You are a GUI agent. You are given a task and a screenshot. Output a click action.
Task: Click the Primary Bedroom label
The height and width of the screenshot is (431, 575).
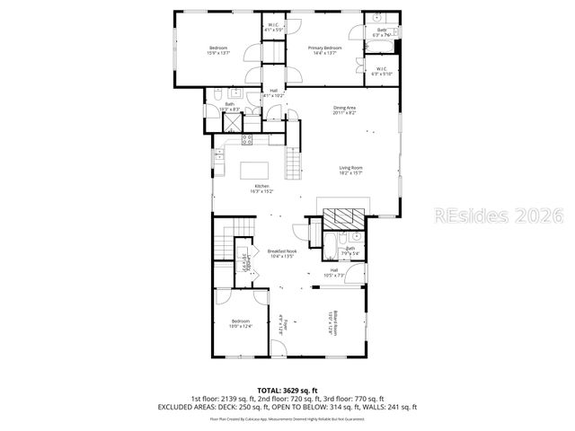coord(325,49)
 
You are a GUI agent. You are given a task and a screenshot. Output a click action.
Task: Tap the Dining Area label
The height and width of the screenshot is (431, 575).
coord(345,110)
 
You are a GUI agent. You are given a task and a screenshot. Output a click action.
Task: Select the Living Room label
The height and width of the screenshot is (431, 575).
coord(350,171)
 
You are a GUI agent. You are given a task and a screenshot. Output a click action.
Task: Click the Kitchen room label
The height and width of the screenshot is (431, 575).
coord(261,189)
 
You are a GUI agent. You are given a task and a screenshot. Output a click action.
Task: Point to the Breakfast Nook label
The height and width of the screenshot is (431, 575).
coord(282,253)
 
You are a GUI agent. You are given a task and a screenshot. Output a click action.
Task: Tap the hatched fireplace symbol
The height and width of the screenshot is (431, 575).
coord(344,218)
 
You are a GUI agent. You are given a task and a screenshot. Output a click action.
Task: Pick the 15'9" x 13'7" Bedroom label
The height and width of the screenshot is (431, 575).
coord(218,49)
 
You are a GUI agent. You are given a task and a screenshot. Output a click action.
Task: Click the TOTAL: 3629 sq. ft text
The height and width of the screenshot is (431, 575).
coord(287,390)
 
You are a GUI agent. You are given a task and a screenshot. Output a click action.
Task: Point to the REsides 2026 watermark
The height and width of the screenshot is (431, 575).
coord(498,215)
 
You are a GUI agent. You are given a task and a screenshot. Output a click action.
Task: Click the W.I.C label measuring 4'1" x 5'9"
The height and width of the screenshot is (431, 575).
coord(274,27)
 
